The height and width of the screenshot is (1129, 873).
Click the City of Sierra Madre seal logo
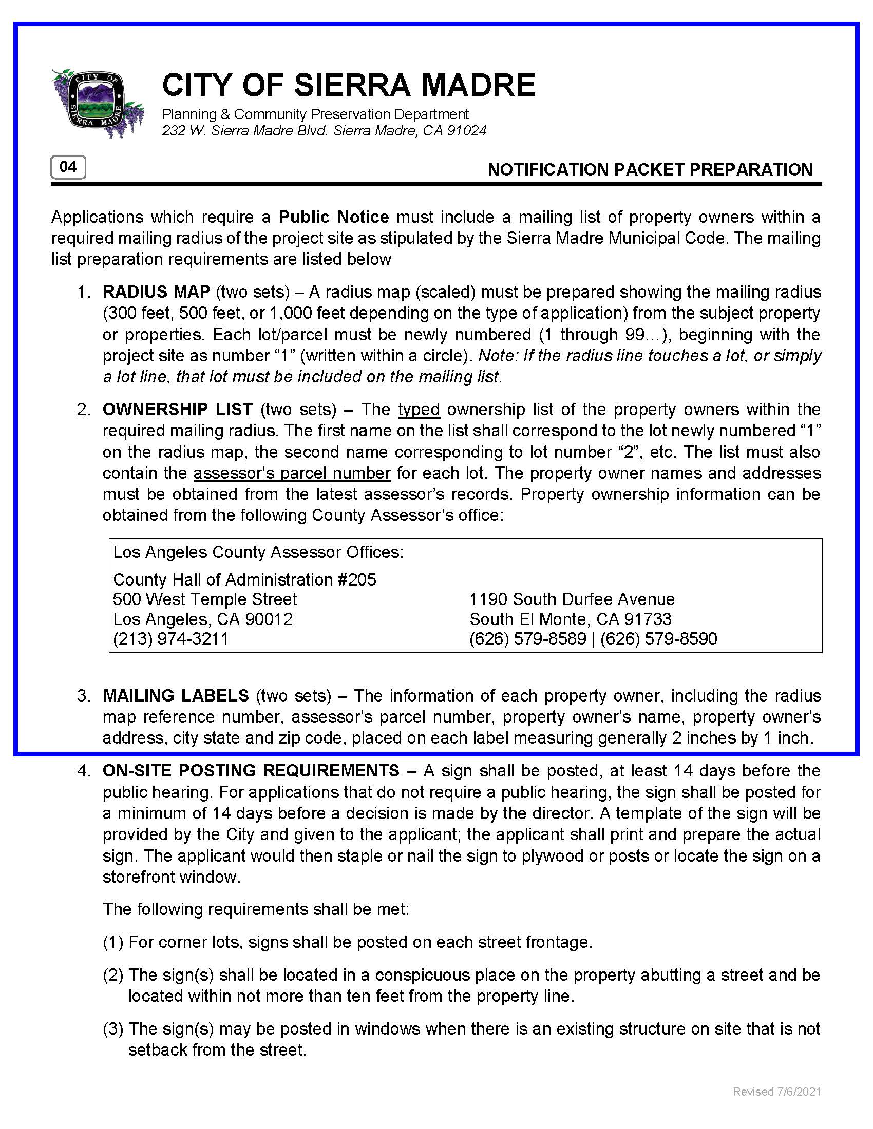(97, 103)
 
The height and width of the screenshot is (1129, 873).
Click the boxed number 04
(68, 167)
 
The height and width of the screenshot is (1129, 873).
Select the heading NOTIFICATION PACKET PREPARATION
(650, 169)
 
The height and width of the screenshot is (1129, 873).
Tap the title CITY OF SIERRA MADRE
(349, 85)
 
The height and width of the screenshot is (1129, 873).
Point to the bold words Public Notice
(334, 217)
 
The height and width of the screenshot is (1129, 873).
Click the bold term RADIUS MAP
(156, 292)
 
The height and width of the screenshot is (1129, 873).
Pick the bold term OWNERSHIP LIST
(177, 410)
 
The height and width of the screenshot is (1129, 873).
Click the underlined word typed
(419, 410)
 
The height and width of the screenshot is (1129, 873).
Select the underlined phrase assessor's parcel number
(292, 473)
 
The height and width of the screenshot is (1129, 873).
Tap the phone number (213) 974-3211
(170, 639)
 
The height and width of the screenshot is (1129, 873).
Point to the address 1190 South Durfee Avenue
(572, 599)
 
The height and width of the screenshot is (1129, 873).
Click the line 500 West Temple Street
(205, 599)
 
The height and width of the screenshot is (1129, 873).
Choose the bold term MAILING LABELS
(176, 696)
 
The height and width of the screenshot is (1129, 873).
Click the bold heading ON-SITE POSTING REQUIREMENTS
(251, 771)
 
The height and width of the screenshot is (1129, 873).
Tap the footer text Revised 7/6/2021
(776, 1091)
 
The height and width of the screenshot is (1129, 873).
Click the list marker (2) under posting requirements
(113, 975)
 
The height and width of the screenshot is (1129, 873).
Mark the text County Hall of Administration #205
(244, 580)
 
